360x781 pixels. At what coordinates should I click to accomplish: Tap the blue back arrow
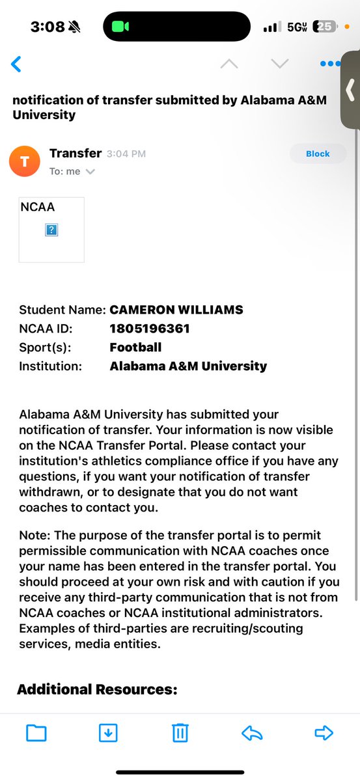pyautogui.click(x=16, y=64)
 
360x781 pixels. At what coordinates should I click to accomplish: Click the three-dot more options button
pyautogui.click(x=330, y=64)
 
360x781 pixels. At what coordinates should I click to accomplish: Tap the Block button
pyautogui.click(x=318, y=154)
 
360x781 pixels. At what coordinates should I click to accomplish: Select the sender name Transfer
pyautogui.click(x=76, y=154)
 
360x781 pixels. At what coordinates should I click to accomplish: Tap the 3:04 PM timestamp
pyautogui.click(x=126, y=154)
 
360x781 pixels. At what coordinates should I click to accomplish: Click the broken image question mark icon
pyautogui.click(x=51, y=230)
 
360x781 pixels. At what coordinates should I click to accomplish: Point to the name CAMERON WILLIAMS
pyautogui.click(x=176, y=310)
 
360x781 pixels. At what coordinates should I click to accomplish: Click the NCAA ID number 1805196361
pyautogui.click(x=150, y=329)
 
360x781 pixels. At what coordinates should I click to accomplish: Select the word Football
pyautogui.click(x=135, y=348)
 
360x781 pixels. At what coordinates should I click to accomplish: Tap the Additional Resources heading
pyautogui.click(x=97, y=690)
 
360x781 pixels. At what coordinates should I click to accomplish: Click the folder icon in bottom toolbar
pyautogui.click(x=36, y=733)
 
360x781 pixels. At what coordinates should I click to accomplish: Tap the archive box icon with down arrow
pyautogui.click(x=108, y=733)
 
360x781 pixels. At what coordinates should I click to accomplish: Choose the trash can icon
pyautogui.click(x=180, y=733)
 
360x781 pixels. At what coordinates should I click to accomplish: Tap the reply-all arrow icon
pyautogui.click(x=252, y=733)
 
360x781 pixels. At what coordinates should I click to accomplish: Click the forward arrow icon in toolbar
pyautogui.click(x=324, y=733)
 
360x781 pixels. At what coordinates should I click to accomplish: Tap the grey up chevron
pyautogui.click(x=229, y=64)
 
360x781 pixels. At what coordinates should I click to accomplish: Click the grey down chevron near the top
pyautogui.click(x=279, y=64)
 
